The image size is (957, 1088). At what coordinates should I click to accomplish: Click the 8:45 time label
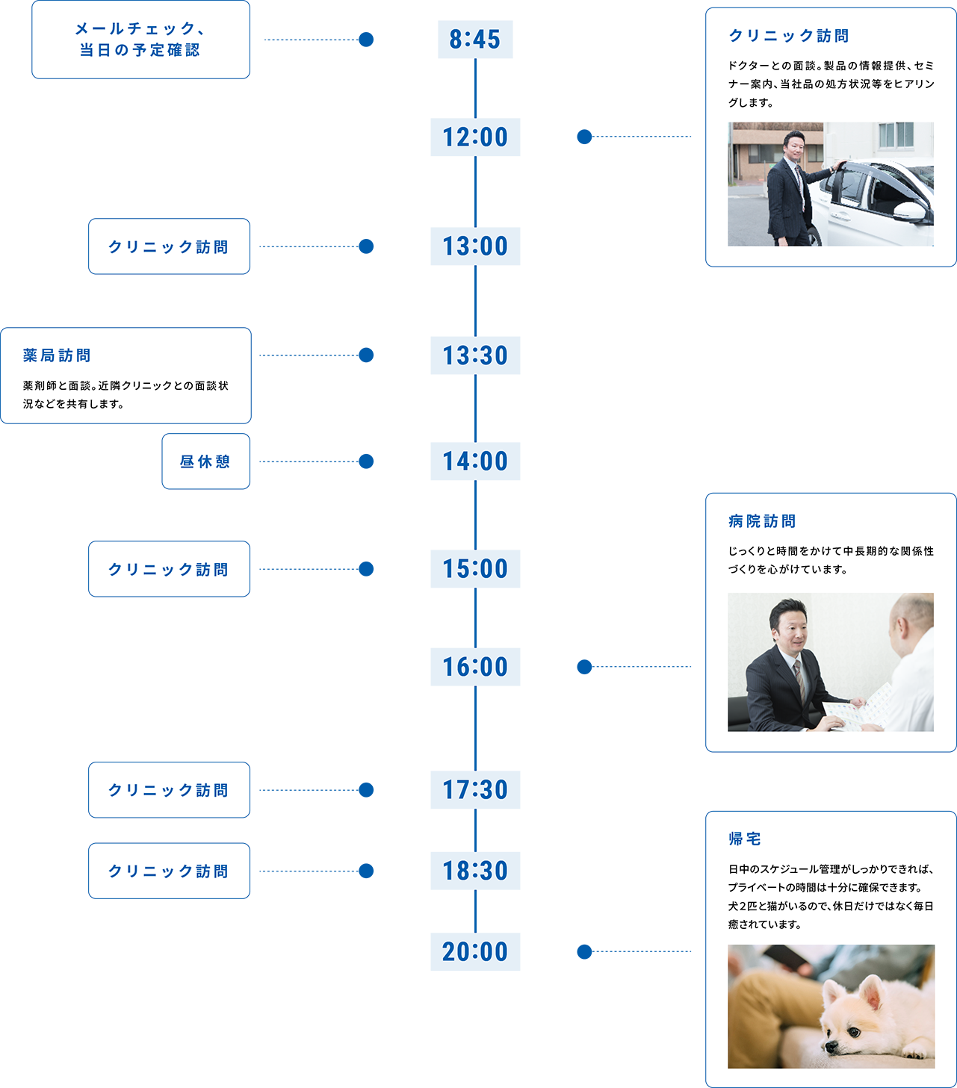point(475,40)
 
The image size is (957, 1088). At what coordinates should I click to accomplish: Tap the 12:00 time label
point(475,137)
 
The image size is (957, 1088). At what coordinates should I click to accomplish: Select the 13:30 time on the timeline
point(475,355)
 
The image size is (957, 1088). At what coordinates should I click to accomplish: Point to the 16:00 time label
point(475,667)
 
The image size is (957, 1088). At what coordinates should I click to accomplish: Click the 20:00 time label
point(475,952)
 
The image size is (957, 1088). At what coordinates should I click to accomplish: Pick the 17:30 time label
point(475,790)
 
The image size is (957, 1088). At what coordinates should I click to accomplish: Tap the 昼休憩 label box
point(205,461)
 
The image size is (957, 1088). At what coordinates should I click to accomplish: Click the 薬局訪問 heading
point(57,356)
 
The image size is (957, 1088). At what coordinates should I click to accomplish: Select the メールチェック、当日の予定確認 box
point(140,40)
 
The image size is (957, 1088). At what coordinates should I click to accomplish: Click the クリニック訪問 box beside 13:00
point(169,246)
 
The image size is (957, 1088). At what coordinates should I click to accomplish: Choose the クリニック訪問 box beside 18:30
point(169,871)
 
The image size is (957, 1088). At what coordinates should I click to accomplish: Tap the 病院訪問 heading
point(762,521)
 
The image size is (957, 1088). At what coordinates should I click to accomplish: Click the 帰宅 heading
point(745,839)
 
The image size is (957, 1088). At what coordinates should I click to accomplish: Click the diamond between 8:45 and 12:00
point(475,89)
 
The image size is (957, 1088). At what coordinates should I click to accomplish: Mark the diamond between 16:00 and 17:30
point(475,728)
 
